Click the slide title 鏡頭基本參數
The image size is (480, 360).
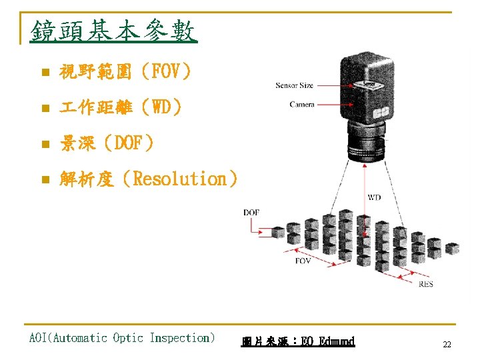pyautogui.click(x=113, y=31)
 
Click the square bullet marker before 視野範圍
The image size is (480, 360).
pyautogui.click(x=44, y=72)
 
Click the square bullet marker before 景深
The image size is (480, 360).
pyautogui.click(x=44, y=143)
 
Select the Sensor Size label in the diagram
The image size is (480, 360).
pyautogui.click(x=294, y=85)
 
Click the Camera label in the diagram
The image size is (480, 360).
pyautogui.click(x=302, y=104)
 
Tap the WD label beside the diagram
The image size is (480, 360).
pyautogui.click(x=374, y=197)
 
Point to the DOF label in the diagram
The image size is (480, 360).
pyautogui.click(x=251, y=212)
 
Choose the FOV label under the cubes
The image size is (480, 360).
pyautogui.click(x=303, y=261)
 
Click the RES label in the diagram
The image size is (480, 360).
pyautogui.click(x=425, y=284)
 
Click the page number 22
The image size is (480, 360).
pyautogui.click(x=447, y=345)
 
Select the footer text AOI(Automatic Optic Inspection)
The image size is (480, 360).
pyautogui.click(x=122, y=338)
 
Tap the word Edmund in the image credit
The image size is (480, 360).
pyautogui.click(x=337, y=341)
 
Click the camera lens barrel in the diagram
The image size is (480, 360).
pyautogui.click(x=364, y=143)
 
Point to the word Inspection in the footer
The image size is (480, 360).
pyautogui.click(x=182, y=338)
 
